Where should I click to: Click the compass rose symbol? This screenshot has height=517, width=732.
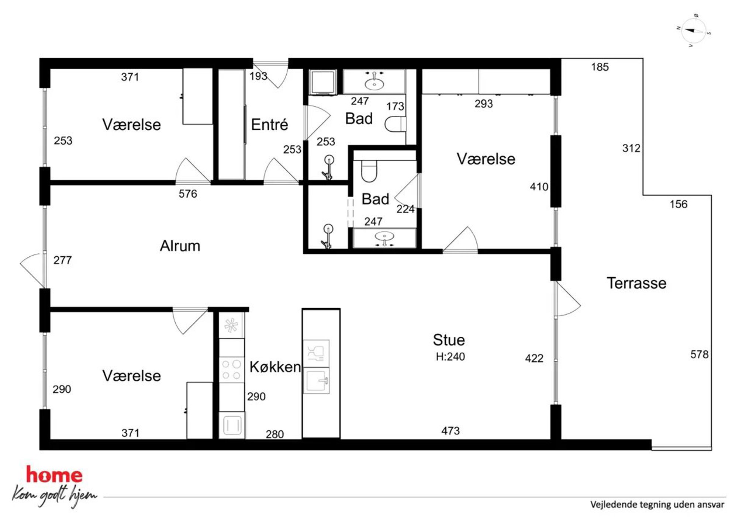[x=694, y=31]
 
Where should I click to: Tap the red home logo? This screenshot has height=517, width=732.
[x=54, y=475]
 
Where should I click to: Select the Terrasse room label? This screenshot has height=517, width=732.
[x=636, y=283]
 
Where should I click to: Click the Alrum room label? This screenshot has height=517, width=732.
[x=180, y=246]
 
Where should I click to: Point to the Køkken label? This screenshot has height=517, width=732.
[x=275, y=367]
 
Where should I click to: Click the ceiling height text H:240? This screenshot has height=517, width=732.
[x=450, y=357]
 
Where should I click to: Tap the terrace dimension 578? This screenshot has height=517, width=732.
[x=699, y=354]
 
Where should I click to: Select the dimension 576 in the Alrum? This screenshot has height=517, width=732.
[x=188, y=194]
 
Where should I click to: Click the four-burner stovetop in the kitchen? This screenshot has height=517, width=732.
[x=231, y=370]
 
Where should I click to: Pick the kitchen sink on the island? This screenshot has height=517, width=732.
[x=316, y=381]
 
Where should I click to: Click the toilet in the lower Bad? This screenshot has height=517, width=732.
[x=369, y=171]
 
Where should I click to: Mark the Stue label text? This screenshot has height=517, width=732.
[x=449, y=340]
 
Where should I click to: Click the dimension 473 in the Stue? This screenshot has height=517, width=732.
[x=450, y=431]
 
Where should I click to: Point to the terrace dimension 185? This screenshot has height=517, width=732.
[x=600, y=67]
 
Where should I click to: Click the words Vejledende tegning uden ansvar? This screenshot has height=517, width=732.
[x=657, y=504]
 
